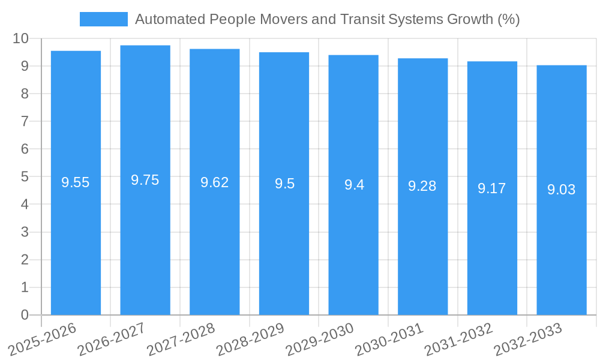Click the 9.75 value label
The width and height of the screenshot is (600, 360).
tap(145, 180)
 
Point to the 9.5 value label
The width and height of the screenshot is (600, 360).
tap(284, 184)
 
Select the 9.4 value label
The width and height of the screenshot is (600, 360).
tap(354, 185)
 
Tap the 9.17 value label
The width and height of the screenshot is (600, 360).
tap(492, 188)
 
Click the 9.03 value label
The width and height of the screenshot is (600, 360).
tap(561, 190)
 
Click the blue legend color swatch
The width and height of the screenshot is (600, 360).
tap(104, 19)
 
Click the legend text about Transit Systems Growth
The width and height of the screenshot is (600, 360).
tap(327, 19)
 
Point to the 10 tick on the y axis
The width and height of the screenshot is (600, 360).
tap(21, 38)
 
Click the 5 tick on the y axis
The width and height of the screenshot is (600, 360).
tap(25, 177)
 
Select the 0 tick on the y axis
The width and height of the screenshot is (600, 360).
tap(25, 315)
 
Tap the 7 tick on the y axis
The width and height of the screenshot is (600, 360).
tap(25, 121)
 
